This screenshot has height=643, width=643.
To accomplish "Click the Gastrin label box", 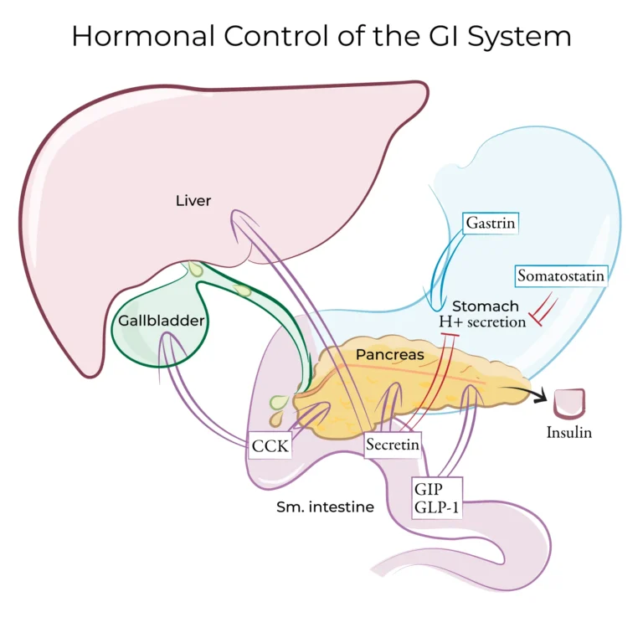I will coord(491,224).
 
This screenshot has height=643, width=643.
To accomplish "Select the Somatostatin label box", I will coord(560,275).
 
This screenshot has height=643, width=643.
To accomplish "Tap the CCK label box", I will coord(270,445).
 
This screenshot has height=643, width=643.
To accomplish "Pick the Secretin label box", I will coord(392,445).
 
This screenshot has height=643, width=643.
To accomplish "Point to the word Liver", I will coord(193,200).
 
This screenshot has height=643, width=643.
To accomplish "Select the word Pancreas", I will coord(389,354).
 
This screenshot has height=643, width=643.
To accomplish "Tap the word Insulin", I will coord(569,433).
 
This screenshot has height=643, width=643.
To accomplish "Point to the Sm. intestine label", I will coord(325,507).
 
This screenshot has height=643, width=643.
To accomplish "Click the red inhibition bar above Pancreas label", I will coord(450,336).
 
